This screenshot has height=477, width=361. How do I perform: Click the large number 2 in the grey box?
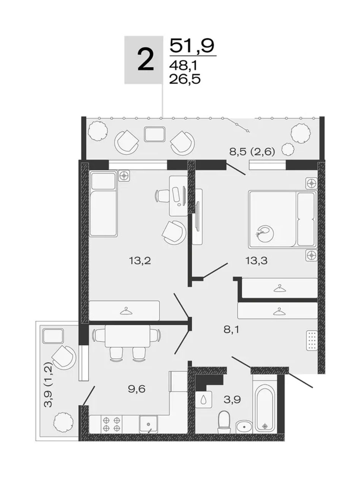(146, 60)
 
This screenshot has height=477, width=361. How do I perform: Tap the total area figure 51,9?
(192, 46)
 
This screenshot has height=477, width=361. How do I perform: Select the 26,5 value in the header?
(185, 79)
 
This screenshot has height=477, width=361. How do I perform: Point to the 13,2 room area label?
(140, 261)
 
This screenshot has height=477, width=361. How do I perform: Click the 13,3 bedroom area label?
(256, 261)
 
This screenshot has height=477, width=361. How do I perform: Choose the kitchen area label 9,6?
(137, 389)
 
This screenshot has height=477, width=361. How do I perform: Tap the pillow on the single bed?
(103, 181)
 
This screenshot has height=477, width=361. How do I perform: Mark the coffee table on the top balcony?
(154, 134)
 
